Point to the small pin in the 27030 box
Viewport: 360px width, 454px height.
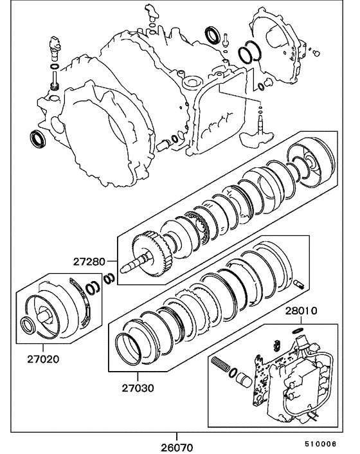point(297,281)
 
